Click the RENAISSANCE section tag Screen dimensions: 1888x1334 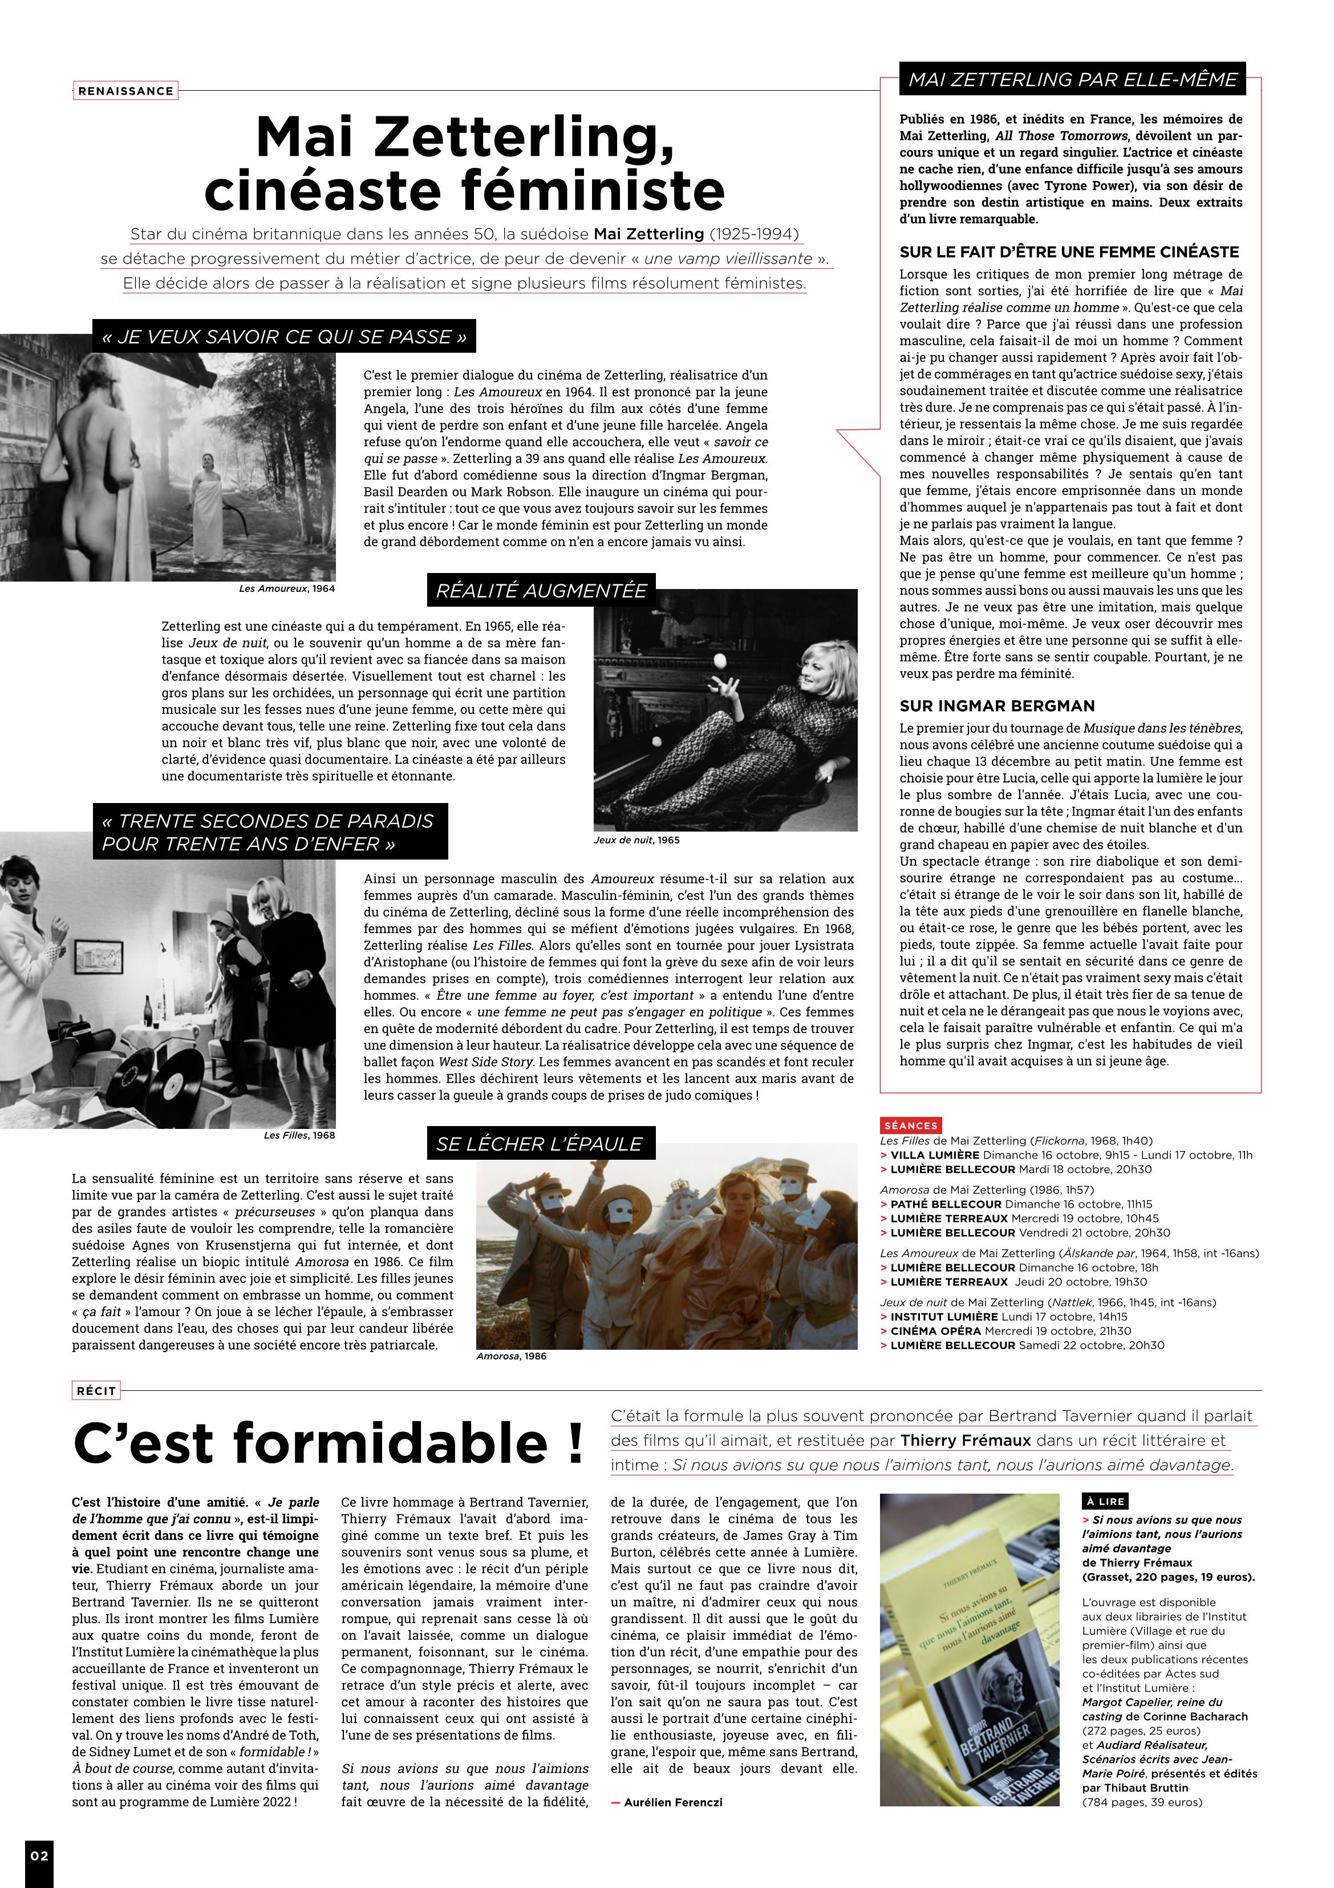[x=125, y=91]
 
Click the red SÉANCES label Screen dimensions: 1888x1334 [x=911, y=1125]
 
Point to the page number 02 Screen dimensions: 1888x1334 [x=39, y=1855]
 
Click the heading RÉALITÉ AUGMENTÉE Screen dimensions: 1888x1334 [x=541, y=590]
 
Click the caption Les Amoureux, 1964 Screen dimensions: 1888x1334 [x=287, y=589]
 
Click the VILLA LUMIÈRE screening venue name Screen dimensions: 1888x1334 [x=935, y=1155]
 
